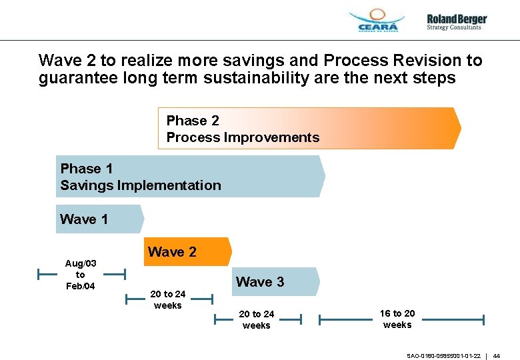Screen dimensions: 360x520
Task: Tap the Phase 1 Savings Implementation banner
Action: (x=190, y=176)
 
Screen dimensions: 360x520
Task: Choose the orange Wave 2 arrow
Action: (x=187, y=252)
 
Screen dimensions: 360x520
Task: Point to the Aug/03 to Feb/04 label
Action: (x=81, y=275)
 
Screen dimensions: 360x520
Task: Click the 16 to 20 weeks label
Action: (x=397, y=319)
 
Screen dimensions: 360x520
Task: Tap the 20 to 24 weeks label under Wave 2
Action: (x=168, y=299)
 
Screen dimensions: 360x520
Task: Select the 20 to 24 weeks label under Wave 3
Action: (x=257, y=319)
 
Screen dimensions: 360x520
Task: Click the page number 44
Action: (x=497, y=356)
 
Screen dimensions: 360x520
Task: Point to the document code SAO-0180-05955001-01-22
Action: (x=443, y=356)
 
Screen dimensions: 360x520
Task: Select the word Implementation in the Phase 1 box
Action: (x=169, y=185)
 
